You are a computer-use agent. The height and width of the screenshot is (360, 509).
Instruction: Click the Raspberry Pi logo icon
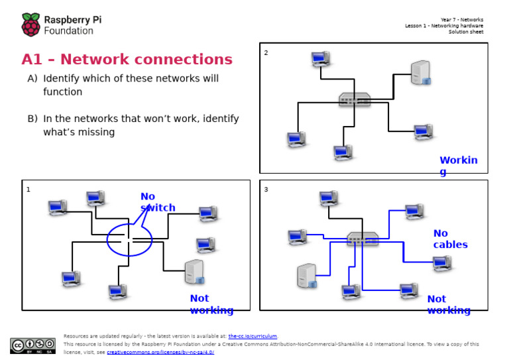(31, 25)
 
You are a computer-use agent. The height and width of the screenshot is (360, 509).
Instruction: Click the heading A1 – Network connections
(127, 60)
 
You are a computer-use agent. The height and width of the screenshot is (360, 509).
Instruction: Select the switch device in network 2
(355, 99)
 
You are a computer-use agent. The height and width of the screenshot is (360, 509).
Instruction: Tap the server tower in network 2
(420, 73)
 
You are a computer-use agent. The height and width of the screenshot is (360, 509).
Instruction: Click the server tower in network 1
(194, 272)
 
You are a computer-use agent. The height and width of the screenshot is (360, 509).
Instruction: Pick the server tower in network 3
(307, 276)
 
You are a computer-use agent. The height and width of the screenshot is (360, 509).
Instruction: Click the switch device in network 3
(363, 239)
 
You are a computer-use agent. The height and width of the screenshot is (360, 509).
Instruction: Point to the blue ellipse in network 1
(129, 240)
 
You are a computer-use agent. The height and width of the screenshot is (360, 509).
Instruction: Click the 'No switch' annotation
(157, 202)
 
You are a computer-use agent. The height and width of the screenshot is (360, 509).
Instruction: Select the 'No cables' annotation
(450, 239)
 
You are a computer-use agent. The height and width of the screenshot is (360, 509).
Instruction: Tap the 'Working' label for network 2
(458, 166)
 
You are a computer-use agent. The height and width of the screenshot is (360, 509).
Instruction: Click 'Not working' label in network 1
(211, 304)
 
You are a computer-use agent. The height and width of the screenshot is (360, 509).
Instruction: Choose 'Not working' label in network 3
(448, 304)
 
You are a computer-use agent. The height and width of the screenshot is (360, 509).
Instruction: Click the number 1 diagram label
(28, 190)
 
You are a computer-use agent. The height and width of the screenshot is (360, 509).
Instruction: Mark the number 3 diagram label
(266, 190)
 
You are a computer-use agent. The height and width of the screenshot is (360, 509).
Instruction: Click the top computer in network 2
(321, 60)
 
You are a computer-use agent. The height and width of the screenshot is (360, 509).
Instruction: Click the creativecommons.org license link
(160, 353)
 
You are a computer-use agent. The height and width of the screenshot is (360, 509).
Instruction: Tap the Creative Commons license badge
(32, 345)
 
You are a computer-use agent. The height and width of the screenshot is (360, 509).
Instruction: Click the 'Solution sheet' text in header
(465, 32)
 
